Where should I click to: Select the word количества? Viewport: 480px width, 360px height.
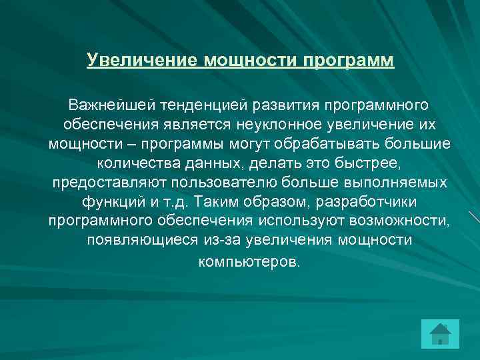[x=133, y=163]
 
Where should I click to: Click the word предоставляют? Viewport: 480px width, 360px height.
[x=108, y=182]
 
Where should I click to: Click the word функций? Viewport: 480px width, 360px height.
[x=110, y=201]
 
